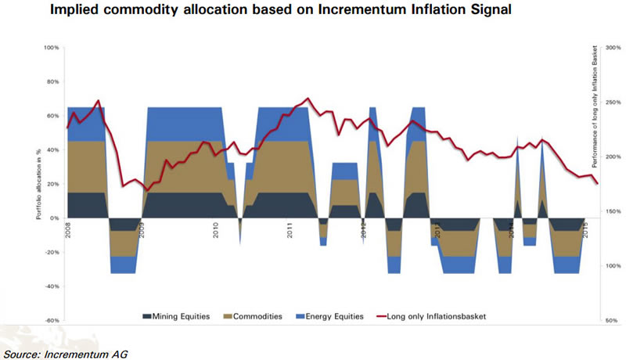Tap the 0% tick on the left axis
coord(55,218)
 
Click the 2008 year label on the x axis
coord(69,231)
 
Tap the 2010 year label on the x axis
coord(215,231)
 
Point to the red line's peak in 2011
coord(307,99)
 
